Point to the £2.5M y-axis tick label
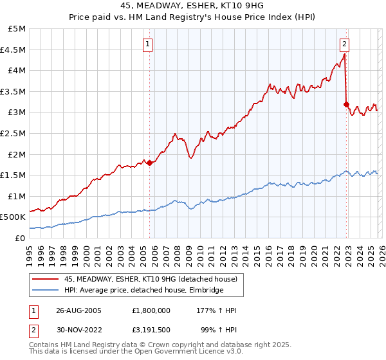tap(14, 133)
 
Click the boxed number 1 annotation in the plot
tap(148, 44)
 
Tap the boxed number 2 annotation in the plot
tap(345, 44)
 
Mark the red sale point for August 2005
tap(150, 163)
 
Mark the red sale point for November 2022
tap(347, 104)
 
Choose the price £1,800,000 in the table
tap(150, 310)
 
